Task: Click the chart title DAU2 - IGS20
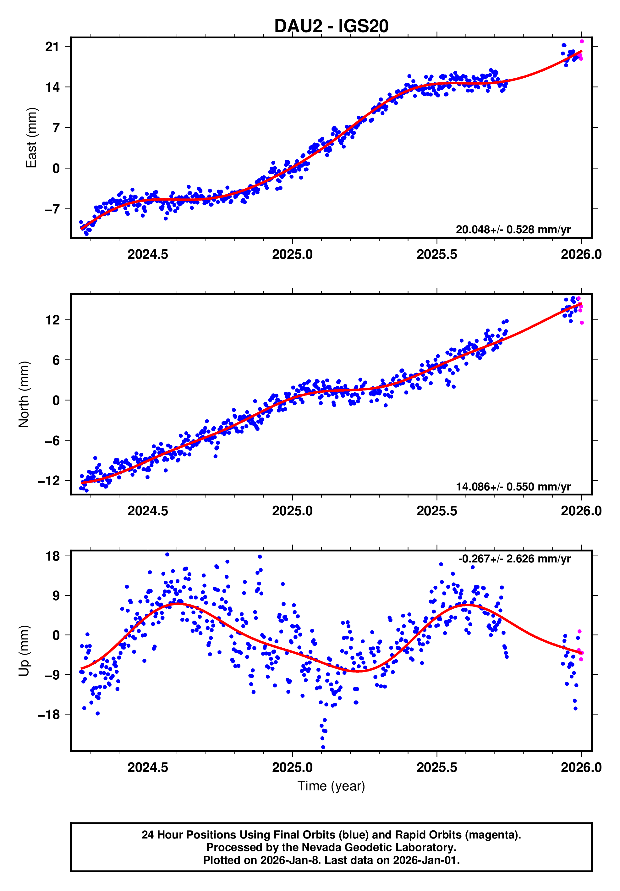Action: coord(331,26)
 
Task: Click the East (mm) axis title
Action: coord(31,138)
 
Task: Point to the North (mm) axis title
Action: coord(24,394)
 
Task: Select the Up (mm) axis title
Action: coord(24,651)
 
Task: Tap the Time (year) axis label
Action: coord(331,786)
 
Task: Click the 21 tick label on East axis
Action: coord(52,47)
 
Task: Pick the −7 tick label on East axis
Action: coord(52,209)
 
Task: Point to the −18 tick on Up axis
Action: coord(49,714)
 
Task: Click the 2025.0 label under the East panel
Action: coord(292,255)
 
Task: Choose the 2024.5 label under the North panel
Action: coord(148,511)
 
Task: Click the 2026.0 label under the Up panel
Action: coord(581,767)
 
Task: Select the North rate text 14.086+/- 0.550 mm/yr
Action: coord(513,487)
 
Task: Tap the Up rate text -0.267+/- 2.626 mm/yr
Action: coord(514,559)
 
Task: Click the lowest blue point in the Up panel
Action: coord(323,747)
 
